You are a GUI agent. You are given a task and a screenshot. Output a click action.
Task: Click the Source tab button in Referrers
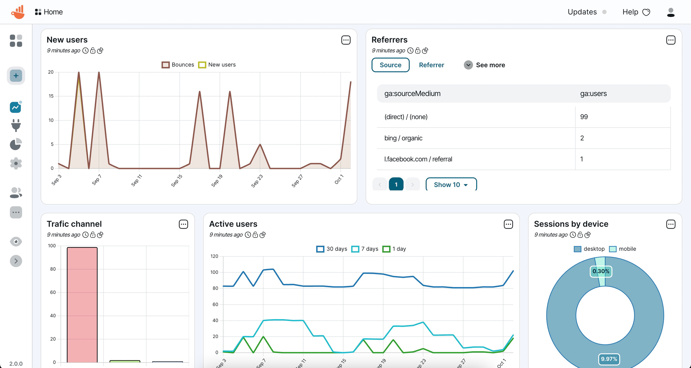tap(390, 65)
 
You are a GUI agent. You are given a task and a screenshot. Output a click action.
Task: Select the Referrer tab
tap(431, 65)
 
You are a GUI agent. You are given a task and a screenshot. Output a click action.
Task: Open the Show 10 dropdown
tap(451, 185)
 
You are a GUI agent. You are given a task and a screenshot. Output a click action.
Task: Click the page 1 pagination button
tap(396, 185)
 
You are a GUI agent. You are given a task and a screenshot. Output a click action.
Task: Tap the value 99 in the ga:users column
tap(584, 117)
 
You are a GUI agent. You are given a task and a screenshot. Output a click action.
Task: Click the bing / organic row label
tap(403, 138)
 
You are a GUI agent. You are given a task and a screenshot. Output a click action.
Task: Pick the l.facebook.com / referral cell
tap(418, 159)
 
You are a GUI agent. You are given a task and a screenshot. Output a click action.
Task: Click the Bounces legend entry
tap(178, 65)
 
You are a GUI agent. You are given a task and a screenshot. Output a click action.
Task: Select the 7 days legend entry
tap(365, 249)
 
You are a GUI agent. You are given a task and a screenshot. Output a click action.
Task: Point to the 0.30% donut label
tap(601, 271)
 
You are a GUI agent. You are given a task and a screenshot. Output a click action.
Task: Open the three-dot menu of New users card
tap(346, 40)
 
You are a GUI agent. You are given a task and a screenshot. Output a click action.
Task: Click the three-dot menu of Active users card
tap(508, 224)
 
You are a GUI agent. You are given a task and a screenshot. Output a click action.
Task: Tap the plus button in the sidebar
tap(16, 76)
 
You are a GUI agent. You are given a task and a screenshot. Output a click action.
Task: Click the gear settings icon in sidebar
tap(16, 163)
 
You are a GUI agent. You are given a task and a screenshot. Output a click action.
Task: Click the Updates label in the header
tap(582, 12)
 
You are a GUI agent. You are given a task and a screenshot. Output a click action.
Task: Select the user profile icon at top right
tap(671, 12)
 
